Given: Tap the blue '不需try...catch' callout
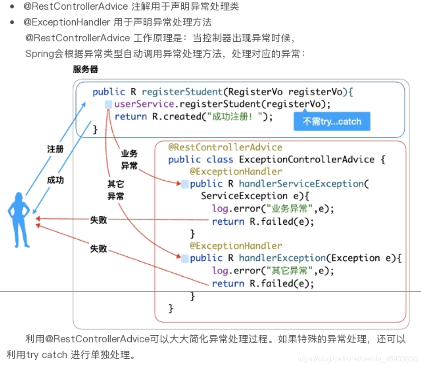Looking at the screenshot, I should pyautogui.click(x=332, y=122).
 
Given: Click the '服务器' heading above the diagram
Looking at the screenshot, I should pyautogui.click(x=85, y=69).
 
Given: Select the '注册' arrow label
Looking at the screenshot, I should pyautogui.click(x=55, y=149).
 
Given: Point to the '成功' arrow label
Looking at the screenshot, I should pyautogui.click(x=55, y=180).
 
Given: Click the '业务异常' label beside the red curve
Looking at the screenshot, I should pyautogui.click(x=129, y=159).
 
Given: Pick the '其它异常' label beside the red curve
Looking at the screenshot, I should pyautogui.click(x=115, y=190).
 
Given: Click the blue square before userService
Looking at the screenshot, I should pyautogui.click(x=108, y=104).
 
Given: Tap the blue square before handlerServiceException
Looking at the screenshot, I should pyautogui.click(x=185, y=184).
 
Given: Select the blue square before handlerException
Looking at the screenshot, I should pyautogui.click(x=185, y=258).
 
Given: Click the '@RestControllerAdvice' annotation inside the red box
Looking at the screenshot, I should pyautogui.click(x=225, y=147).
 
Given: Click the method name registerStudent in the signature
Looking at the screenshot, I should pyautogui.click(x=181, y=92).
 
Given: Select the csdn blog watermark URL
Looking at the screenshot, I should pyautogui.click(x=357, y=359).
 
